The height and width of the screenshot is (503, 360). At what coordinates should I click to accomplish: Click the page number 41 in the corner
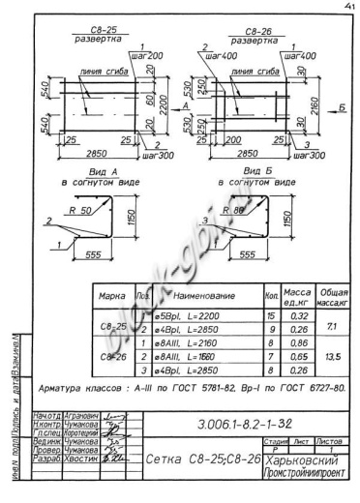point(345,8)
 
